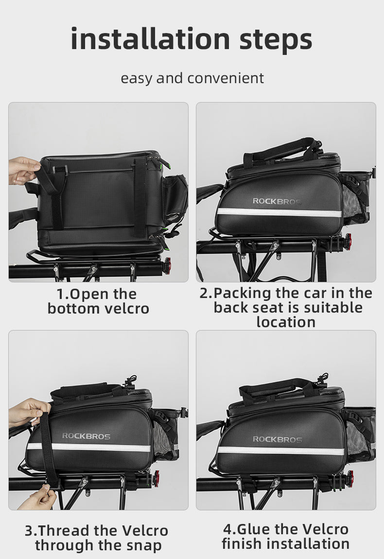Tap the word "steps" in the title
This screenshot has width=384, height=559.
pyautogui.click(x=276, y=40)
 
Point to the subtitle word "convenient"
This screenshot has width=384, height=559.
pyautogui.click(x=226, y=78)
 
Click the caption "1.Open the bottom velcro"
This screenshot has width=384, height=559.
pyautogui.click(x=98, y=301)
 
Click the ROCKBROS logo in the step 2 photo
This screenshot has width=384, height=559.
pyautogui.click(x=277, y=201)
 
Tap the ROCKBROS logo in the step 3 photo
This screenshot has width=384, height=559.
pyautogui.click(x=86, y=436)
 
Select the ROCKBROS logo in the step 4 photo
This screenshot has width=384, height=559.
pyautogui.click(x=277, y=439)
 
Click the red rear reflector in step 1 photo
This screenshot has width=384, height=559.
pyautogui.click(x=167, y=265)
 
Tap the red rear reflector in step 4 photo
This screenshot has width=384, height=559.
pyautogui.click(x=350, y=478)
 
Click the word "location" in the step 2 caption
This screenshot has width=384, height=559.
pyautogui.click(x=286, y=322)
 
